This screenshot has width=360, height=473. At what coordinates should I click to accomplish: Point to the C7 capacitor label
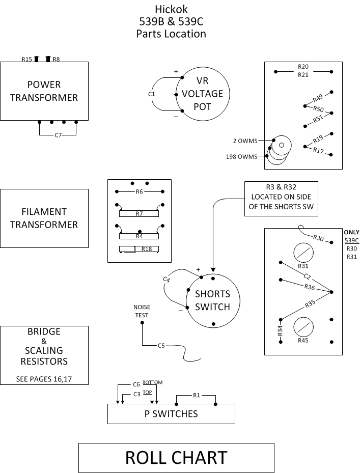click(x=58, y=135)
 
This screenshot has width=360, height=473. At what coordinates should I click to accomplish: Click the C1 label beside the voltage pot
click(x=151, y=94)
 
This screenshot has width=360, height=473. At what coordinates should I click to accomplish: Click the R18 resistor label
click(x=147, y=249)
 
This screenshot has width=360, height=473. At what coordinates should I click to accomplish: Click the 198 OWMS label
click(x=241, y=156)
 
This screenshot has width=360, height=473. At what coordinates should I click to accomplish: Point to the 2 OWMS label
click(x=245, y=141)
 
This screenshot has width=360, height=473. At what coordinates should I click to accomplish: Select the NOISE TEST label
click(x=142, y=311)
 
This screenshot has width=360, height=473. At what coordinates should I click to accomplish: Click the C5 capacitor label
click(x=161, y=345)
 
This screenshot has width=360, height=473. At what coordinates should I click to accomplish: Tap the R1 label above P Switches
click(x=197, y=395)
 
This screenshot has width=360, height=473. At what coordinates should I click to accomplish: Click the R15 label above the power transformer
click(x=26, y=59)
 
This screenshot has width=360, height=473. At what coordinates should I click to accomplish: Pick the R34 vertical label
click(x=280, y=331)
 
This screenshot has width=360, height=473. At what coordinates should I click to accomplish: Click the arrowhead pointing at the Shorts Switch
click(x=213, y=270)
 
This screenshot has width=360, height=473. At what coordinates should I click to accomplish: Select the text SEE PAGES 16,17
click(x=44, y=379)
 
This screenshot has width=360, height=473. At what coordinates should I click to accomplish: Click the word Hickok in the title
click(x=171, y=9)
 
